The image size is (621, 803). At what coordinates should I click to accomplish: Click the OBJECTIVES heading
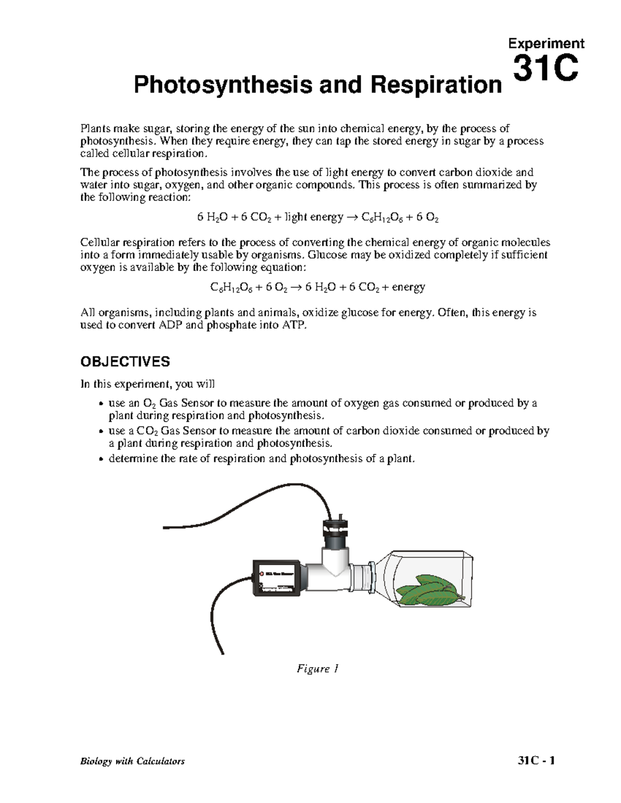(x=125, y=361)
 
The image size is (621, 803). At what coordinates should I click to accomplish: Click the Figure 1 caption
(x=317, y=669)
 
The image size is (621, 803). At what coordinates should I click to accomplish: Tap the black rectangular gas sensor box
(x=275, y=578)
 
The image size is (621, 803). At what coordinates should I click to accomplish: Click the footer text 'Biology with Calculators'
(x=132, y=761)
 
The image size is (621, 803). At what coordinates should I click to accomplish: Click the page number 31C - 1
(x=537, y=761)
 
